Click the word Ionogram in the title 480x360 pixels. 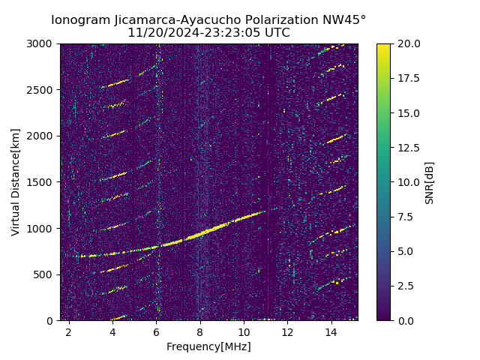click(79, 20)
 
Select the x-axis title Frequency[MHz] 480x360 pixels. click(208, 346)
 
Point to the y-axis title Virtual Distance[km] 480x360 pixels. click(16, 182)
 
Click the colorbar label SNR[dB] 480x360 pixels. click(430, 182)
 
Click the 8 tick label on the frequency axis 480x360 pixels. click(200, 331)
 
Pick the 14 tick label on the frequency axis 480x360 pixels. click(331, 331)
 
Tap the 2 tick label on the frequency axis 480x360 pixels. click(69, 331)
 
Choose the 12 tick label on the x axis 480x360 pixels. click(287, 331)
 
